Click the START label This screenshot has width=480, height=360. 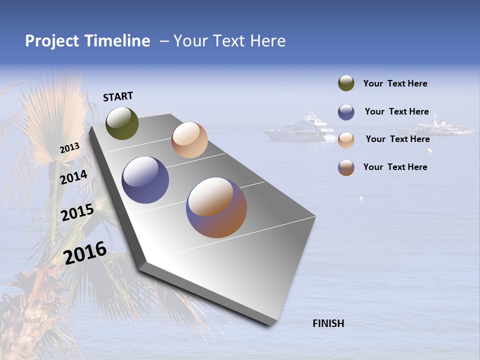click(x=118, y=96)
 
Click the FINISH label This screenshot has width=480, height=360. click(x=328, y=323)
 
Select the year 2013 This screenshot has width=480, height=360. click(x=70, y=147)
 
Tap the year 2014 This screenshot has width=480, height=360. click(x=74, y=177)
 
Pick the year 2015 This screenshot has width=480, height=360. click(x=77, y=212)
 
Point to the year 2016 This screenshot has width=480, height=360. click(x=85, y=253)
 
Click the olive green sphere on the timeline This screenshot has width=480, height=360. click(x=122, y=123)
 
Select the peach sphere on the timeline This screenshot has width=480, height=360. click(x=189, y=140)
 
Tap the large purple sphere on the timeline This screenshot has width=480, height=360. click(x=145, y=180)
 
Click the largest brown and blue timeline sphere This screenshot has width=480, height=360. click(x=216, y=207)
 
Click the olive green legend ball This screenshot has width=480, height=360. click(x=346, y=83)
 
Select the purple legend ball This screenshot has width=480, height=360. click(x=346, y=112)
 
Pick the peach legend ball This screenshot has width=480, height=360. click(x=346, y=140)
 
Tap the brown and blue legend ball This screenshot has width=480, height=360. click(x=346, y=167)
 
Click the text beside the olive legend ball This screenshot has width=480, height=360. click(x=395, y=83)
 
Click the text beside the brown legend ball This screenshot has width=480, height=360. click(x=395, y=167)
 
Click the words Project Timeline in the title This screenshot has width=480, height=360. click(x=87, y=41)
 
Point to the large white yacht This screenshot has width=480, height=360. click(x=300, y=129)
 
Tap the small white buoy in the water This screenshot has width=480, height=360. click(x=361, y=198)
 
